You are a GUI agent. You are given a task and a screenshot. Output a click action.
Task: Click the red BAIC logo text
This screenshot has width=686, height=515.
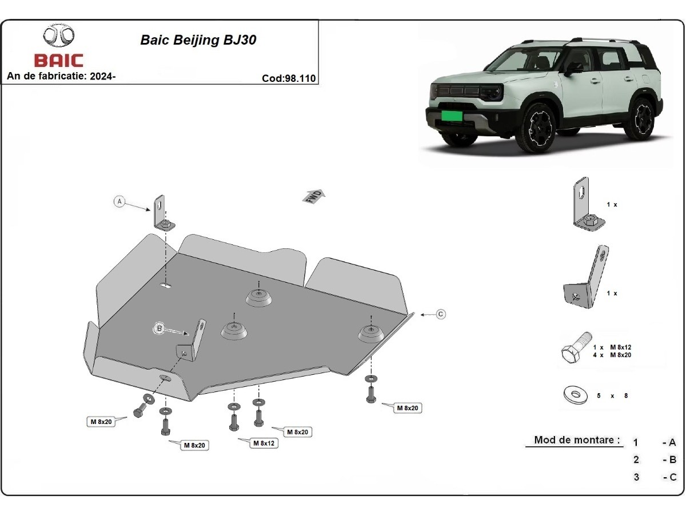pyautogui.click(x=58, y=60)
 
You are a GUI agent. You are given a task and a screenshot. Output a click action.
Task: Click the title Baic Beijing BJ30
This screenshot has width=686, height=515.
pyautogui.click(x=198, y=40)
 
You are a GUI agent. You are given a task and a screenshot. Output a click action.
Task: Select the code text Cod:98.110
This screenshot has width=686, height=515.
pyautogui.click(x=289, y=79)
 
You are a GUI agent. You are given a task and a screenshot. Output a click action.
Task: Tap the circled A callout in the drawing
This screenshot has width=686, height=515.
pyautogui.click(x=119, y=201)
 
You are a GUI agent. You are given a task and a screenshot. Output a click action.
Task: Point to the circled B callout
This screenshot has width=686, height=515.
pyautogui.click(x=159, y=328)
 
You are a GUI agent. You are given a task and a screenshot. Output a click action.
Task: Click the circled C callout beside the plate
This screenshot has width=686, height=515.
pyautogui.click(x=441, y=314)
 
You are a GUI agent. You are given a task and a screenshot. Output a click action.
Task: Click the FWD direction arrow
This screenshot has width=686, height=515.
pyautogui.click(x=314, y=196)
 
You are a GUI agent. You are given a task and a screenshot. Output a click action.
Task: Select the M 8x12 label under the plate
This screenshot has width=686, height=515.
pyautogui.click(x=264, y=443)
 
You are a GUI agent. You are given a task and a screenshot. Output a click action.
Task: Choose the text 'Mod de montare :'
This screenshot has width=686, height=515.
pyautogui.click(x=577, y=440)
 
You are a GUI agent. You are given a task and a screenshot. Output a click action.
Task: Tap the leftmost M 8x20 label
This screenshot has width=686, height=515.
pyautogui.click(x=100, y=422)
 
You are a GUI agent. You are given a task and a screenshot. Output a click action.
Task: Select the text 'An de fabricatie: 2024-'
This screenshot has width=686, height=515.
pyautogui.click(x=61, y=76)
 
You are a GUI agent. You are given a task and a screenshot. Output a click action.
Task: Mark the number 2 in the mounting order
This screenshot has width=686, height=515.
pyautogui.click(x=636, y=459)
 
